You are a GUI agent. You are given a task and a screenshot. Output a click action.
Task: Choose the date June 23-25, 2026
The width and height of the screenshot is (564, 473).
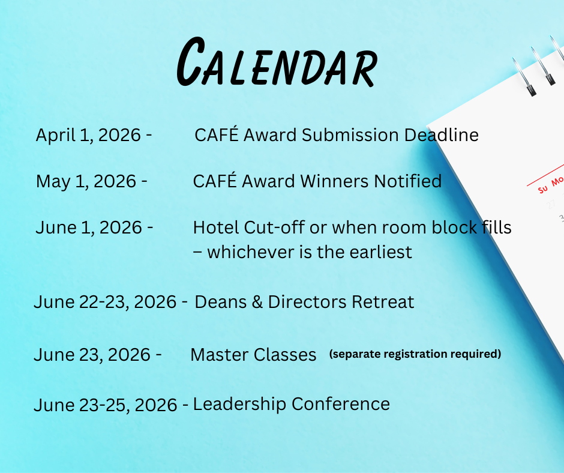click(x=105, y=405)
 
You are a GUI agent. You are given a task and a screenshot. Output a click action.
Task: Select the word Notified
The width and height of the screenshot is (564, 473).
click(x=408, y=181)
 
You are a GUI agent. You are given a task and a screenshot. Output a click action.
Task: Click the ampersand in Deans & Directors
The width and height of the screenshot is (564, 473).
click(x=254, y=302)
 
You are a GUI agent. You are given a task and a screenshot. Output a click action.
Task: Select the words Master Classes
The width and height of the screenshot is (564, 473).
click(x=253, y=355)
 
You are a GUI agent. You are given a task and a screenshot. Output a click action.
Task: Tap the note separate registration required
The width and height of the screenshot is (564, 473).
click(x=415, y=354)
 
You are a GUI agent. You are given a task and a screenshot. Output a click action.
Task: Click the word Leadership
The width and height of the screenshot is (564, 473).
click(x=239, y=405)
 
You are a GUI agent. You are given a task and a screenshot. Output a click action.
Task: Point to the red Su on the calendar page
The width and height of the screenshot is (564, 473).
click(x=543, y=188)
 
